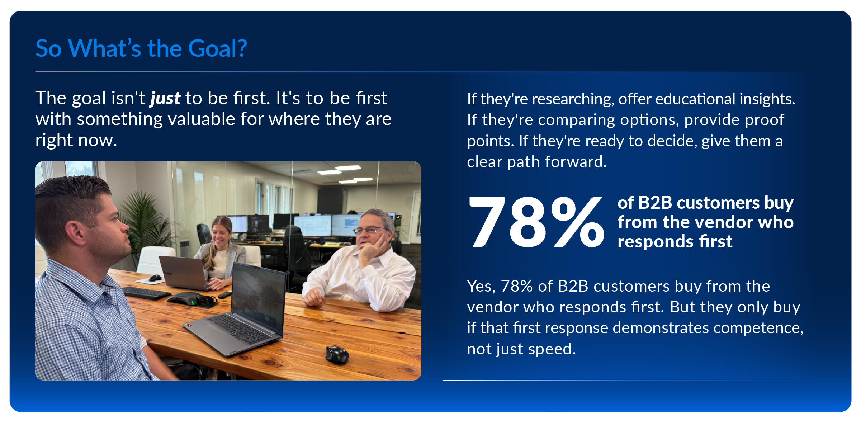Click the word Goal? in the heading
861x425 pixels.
pos(217,48)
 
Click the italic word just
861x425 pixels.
pos(165,98)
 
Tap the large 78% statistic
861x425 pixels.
pos(536,222)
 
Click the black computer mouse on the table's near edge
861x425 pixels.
pos(337,354)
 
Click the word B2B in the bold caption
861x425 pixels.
pos(655,203)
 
